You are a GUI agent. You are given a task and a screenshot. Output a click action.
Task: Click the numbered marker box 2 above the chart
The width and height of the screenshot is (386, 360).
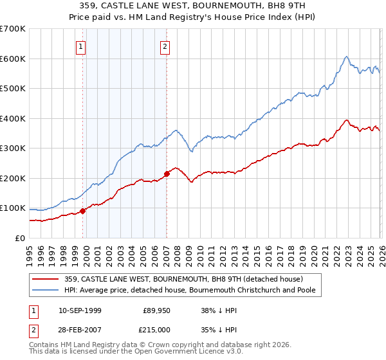coord(165,46)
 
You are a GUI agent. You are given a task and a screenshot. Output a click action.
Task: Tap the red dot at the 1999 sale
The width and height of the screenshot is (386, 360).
coord(82,211)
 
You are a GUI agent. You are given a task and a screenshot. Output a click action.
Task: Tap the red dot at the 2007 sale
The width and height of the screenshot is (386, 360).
coord(167,174)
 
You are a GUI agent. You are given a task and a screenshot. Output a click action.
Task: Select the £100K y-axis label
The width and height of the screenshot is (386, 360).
coord(13,208)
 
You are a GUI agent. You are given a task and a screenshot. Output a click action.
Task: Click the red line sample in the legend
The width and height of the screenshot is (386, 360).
coord(46,279)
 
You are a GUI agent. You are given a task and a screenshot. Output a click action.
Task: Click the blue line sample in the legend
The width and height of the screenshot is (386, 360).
coord(46,291)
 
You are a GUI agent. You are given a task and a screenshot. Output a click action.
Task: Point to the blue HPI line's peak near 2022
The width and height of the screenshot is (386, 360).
coord(346,57)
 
